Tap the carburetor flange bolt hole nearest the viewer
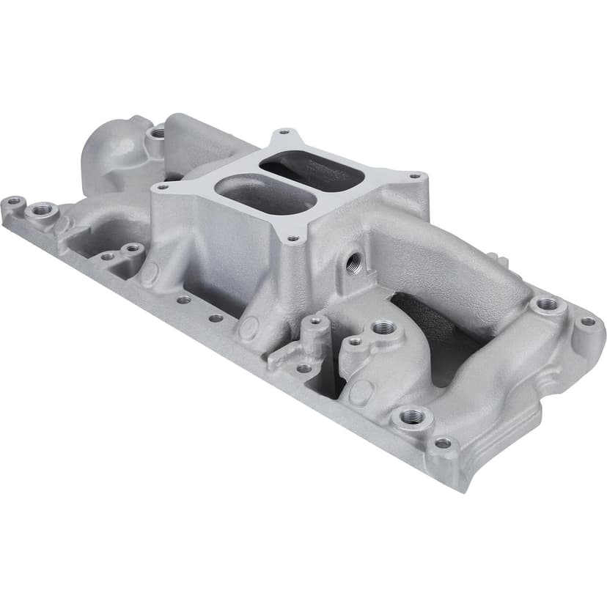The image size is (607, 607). (293, 238)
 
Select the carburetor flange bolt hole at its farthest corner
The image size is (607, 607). (282, 133)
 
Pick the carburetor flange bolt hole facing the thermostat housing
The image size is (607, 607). (162, 187)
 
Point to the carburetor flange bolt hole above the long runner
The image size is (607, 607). (414, 176)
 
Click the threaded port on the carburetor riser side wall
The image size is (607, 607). (354, 262)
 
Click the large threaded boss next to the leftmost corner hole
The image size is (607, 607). (42, 210)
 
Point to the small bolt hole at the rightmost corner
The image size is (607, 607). (588, 321)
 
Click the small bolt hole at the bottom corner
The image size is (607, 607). (442, 444)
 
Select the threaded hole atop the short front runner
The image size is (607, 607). (383, 328)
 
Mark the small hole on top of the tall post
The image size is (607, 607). (315, 320)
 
